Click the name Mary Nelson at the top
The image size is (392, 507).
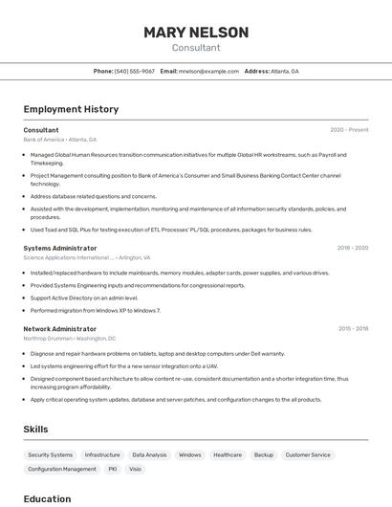196,33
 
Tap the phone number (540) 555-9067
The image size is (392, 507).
134,71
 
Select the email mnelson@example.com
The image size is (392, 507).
207,71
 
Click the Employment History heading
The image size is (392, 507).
71,109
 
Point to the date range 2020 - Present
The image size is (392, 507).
349,130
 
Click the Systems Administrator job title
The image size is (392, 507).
60,248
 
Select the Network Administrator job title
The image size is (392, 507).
60,328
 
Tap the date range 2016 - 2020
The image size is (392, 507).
352,248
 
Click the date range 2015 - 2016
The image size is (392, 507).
353,328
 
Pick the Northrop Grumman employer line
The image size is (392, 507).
69,339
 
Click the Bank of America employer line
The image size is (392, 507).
59,140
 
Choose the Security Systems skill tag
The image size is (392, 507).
51,455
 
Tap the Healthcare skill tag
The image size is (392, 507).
228,455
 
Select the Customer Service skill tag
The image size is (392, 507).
308,455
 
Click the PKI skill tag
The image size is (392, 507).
112,470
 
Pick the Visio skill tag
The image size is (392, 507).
135,470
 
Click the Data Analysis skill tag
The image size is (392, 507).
149,455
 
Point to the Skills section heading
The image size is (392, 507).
35,430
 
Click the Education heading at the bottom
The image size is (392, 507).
47,498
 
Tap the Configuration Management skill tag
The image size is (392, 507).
62,470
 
